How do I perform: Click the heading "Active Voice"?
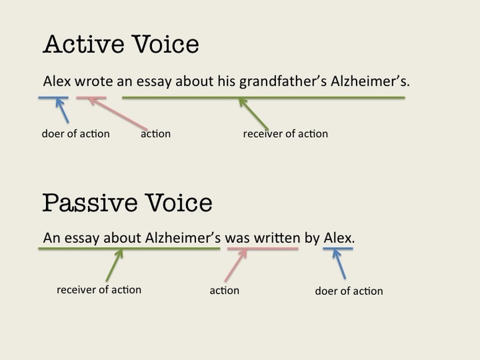[121, 45]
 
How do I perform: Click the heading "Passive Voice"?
[127, 203]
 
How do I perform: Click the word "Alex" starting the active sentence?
[55, 81]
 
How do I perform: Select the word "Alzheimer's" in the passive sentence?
[183, 238]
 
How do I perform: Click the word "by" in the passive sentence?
[311, 238]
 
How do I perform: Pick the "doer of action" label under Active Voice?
[76, 133]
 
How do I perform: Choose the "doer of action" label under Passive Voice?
[349, 291]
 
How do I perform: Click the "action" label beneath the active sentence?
[156, 133]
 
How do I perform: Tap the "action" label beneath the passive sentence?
[224, 290]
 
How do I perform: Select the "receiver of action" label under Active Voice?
[285, 133]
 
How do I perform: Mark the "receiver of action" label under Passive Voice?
[99, 290]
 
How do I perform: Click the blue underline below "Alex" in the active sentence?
[53, 97]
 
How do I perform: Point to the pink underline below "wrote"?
[91, 97]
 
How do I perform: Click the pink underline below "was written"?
[262, 249]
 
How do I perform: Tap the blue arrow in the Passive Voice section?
[339, 263]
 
